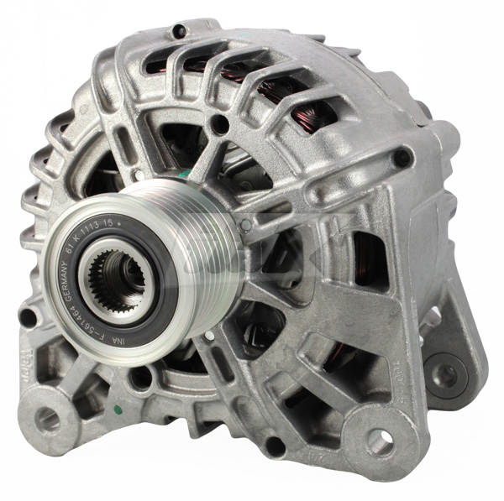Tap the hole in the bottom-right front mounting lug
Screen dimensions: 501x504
(x=381, y=440)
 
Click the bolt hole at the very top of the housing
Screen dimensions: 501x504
(x=178, y=32)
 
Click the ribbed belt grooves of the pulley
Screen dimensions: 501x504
(x=202, y=252)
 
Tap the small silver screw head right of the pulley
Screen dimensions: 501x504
(x=245, y=225)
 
